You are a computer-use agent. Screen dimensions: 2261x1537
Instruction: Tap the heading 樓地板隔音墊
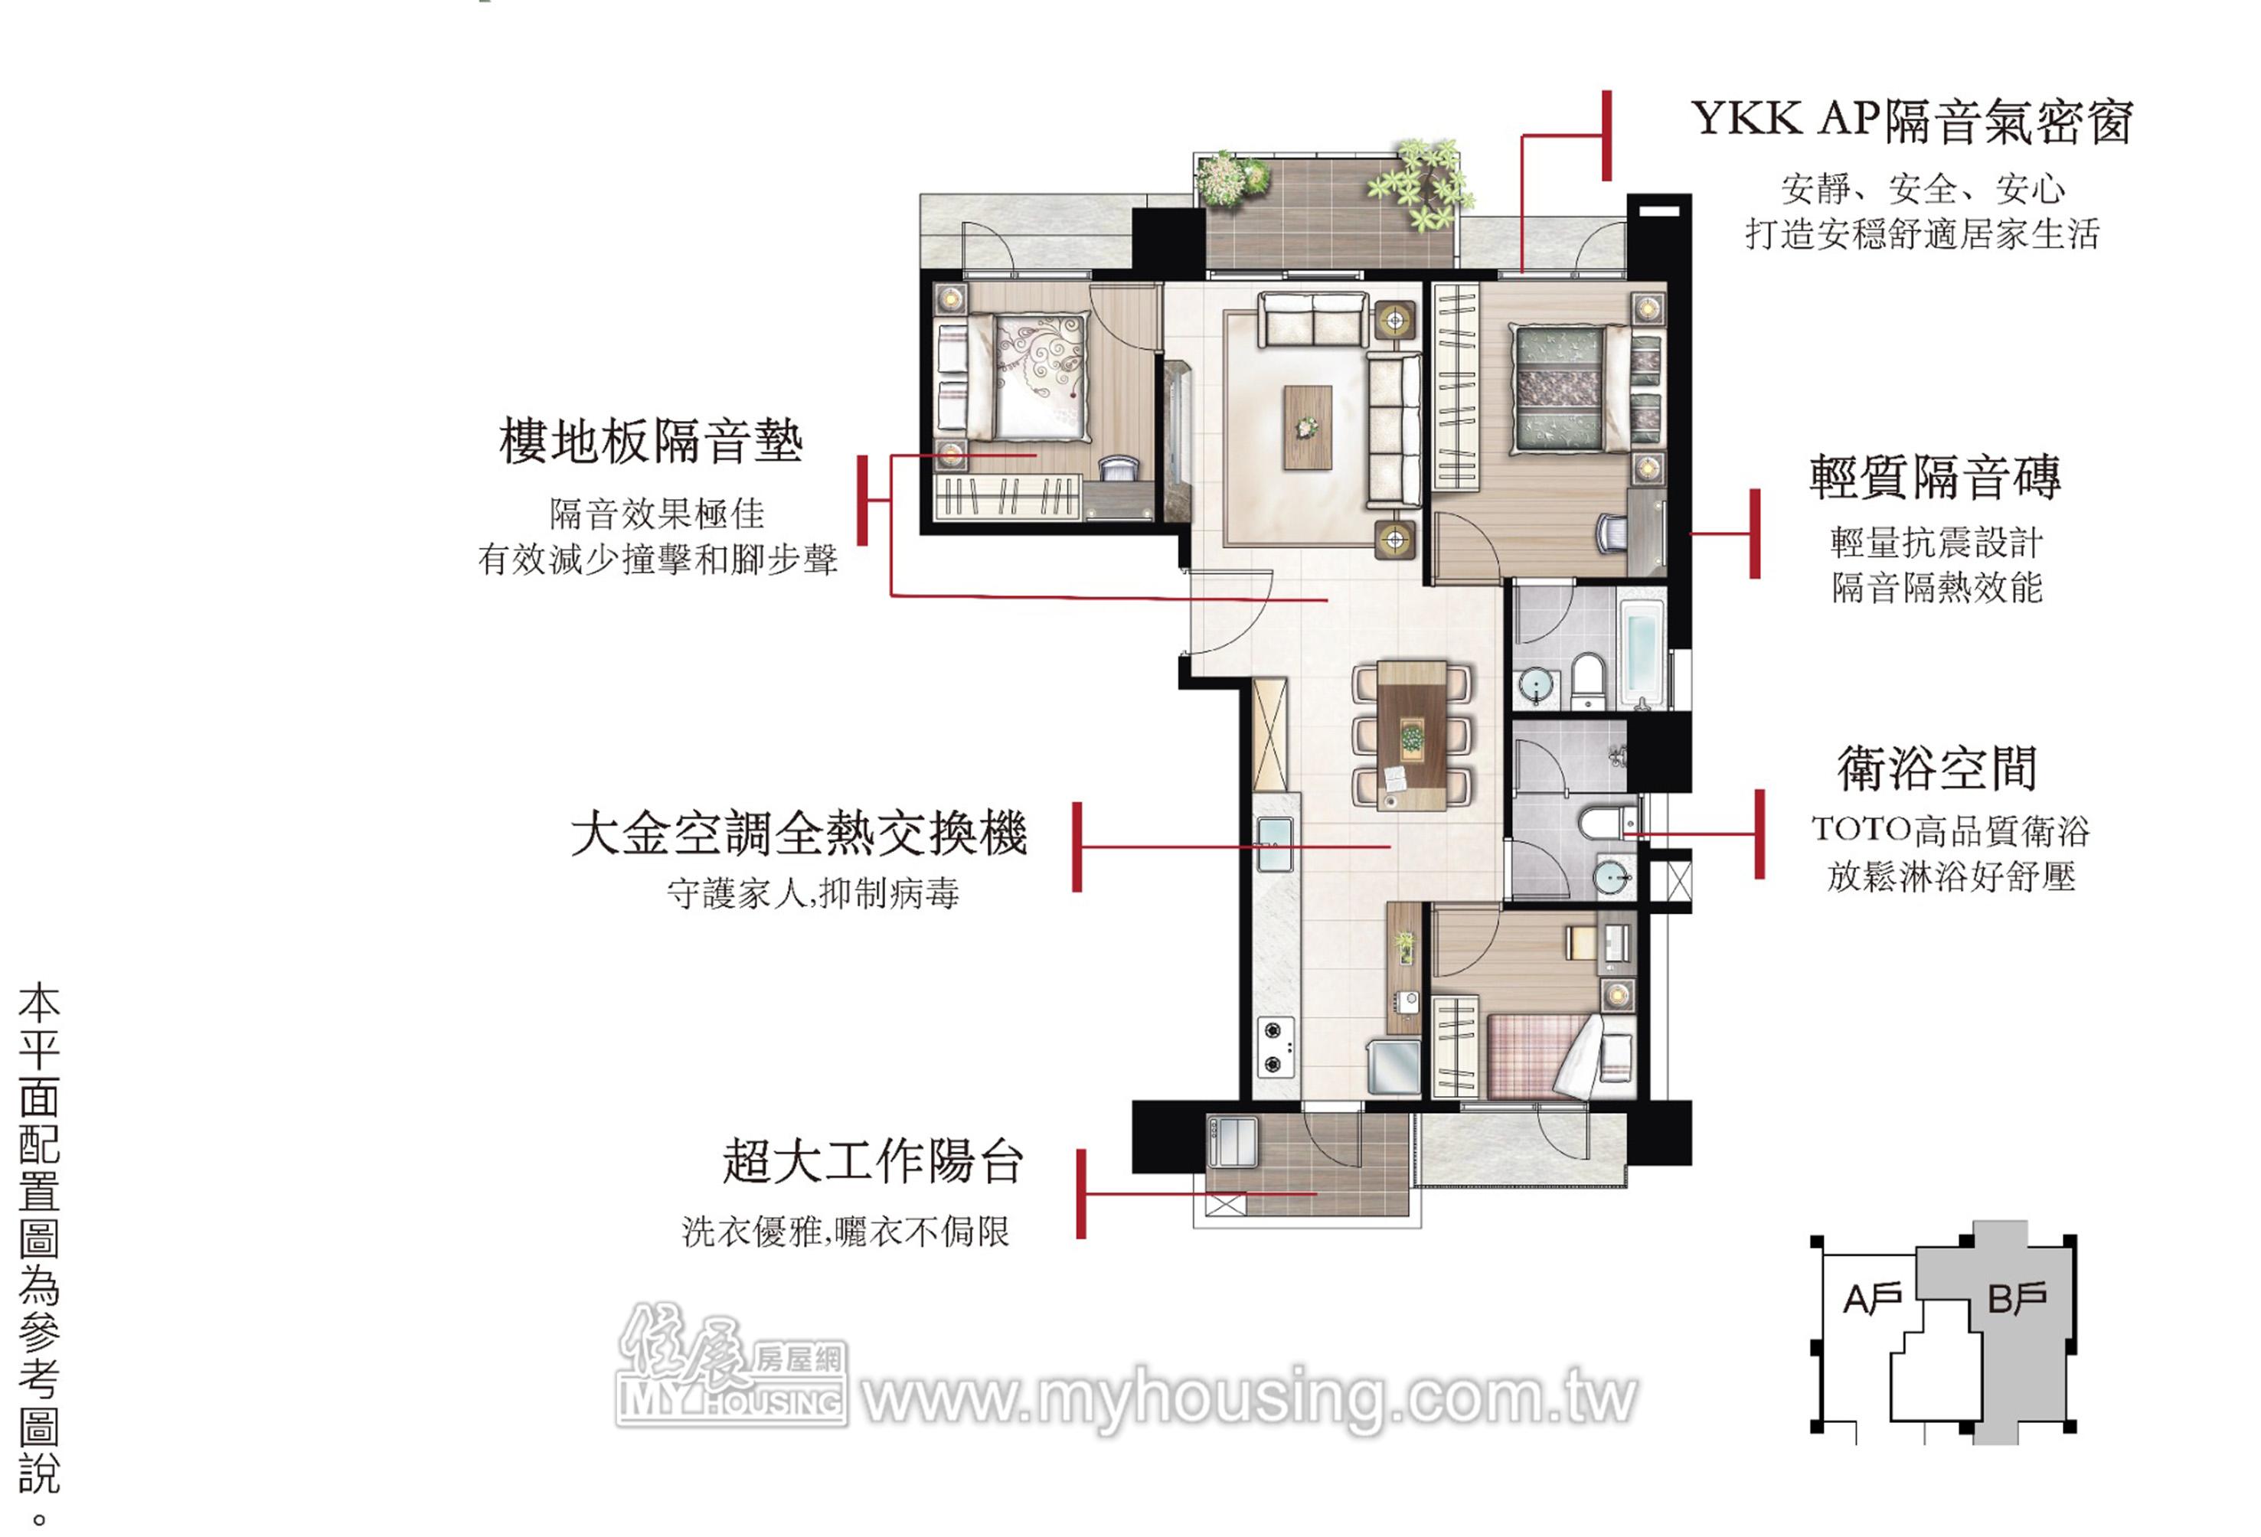tap(651, 441)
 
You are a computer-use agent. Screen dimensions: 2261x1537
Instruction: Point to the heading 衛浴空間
tap(1936, 768)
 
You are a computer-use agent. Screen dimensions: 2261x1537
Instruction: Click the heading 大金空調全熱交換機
tap(799, 834)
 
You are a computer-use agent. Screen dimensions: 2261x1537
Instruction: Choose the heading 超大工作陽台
tap(872, 1160)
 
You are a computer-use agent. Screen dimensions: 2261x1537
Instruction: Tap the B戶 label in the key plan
tap(2017, 1297)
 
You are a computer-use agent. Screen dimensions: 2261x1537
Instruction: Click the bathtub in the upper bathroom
tap(1642, 653)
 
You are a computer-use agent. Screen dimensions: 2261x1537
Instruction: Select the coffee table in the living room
tap(1306, 427)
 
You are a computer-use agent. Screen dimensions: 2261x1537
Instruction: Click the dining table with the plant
tap(1412, 735)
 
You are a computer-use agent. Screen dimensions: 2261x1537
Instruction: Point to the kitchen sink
tap(1275, 844)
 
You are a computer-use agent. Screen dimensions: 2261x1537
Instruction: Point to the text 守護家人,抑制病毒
tap(813, 893)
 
